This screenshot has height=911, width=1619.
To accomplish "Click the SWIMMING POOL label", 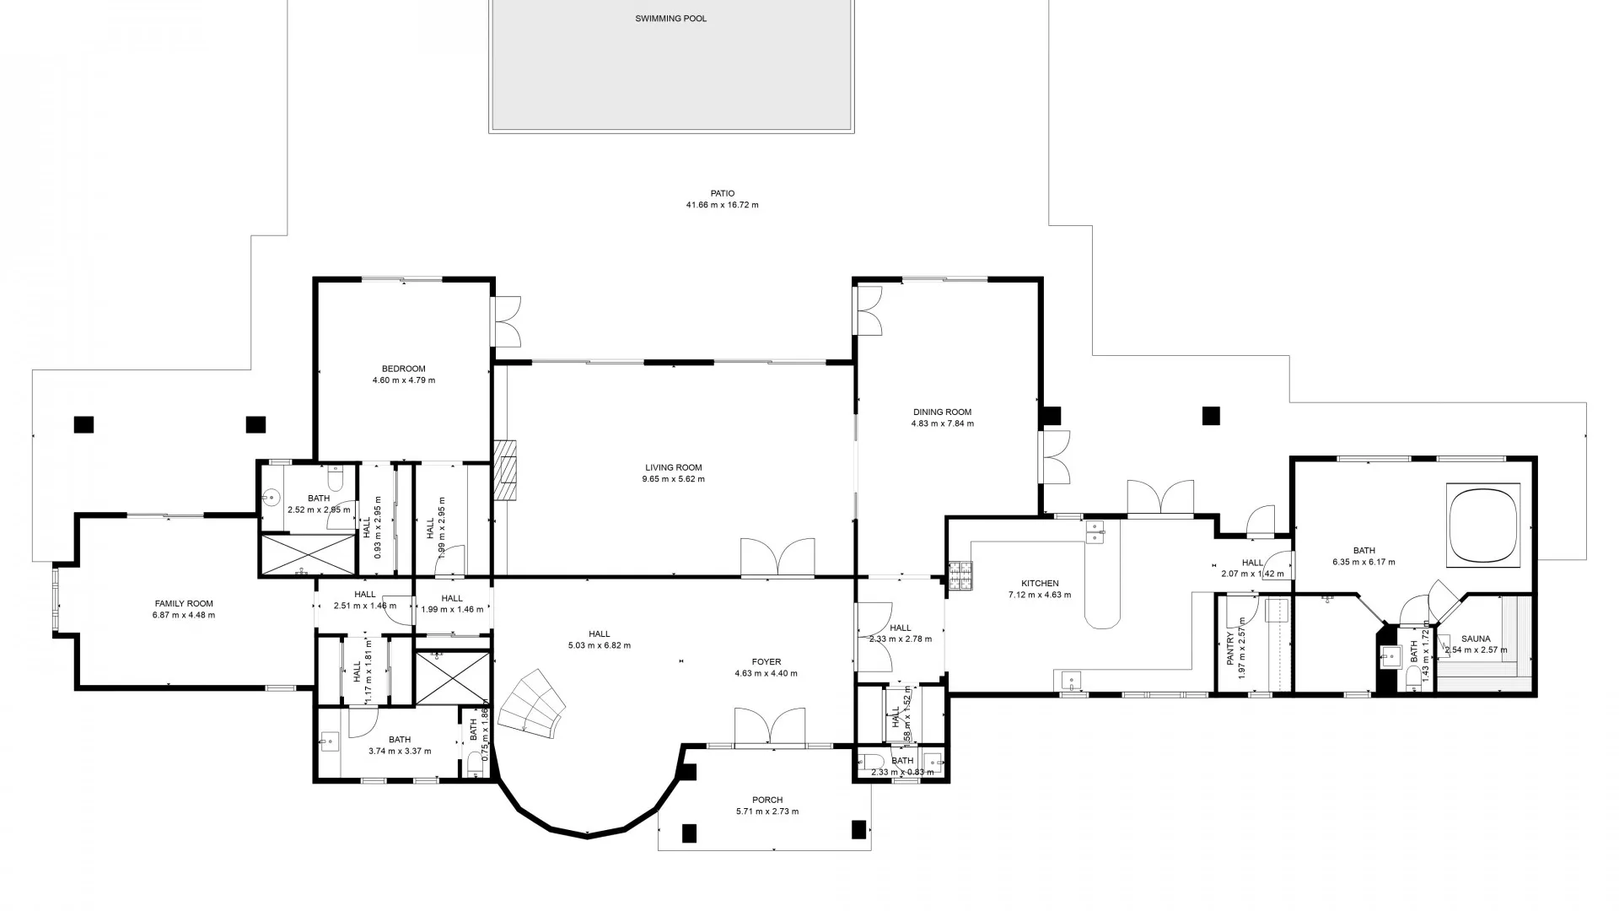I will tap(670, 19).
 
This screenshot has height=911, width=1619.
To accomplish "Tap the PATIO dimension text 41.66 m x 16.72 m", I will tap(722, 205).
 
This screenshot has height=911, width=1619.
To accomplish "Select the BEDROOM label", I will tap(403, 369).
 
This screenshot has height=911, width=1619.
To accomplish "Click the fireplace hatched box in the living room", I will tap(505, 472).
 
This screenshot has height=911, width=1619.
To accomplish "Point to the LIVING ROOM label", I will tap(673, 467).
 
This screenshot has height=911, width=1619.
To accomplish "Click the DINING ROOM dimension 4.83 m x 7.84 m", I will tap(942, 423).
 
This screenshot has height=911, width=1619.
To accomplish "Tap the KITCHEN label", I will tap(1039, 583).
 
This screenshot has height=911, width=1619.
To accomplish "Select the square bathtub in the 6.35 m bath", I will tap(1482, 523).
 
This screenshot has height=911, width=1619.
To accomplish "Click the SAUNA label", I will tap(1476, 639).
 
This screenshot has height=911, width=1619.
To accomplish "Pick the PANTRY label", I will tap(1230, 649).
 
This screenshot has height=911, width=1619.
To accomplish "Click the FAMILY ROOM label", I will tap(184, 603).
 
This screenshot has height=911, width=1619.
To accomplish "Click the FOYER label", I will tap(766, 662).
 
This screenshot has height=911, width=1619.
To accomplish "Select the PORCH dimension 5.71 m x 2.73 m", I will tap(766, 811).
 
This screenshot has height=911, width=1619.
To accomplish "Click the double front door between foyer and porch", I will tap(769, 729).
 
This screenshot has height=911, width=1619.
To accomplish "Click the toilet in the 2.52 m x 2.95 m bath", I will tap(336, 480).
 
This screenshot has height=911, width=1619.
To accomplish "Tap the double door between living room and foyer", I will tap(777, 559).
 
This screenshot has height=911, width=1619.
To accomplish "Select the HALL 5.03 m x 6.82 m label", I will tap(599, 634).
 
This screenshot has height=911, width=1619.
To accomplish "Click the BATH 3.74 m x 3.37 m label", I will tap(400, 740).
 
